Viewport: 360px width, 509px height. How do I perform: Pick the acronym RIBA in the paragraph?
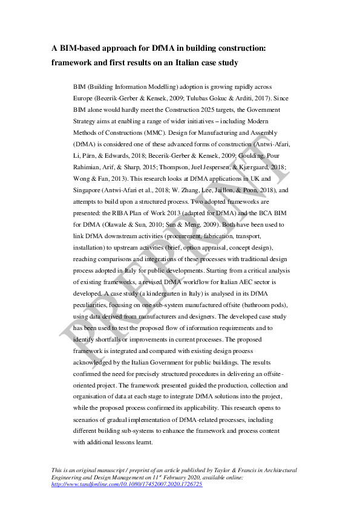[128, 213]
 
